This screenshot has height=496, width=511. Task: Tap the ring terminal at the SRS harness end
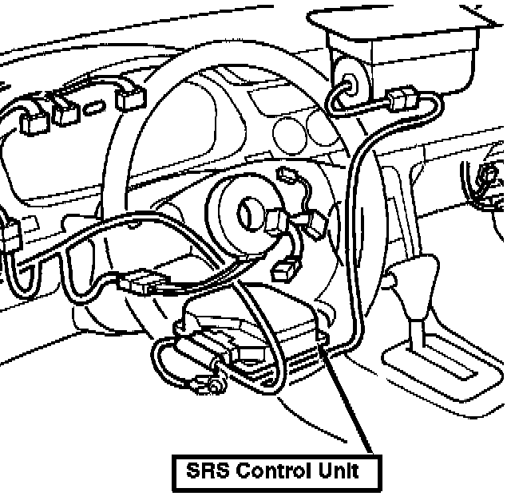pyautogui.click(x=216, y=388)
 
